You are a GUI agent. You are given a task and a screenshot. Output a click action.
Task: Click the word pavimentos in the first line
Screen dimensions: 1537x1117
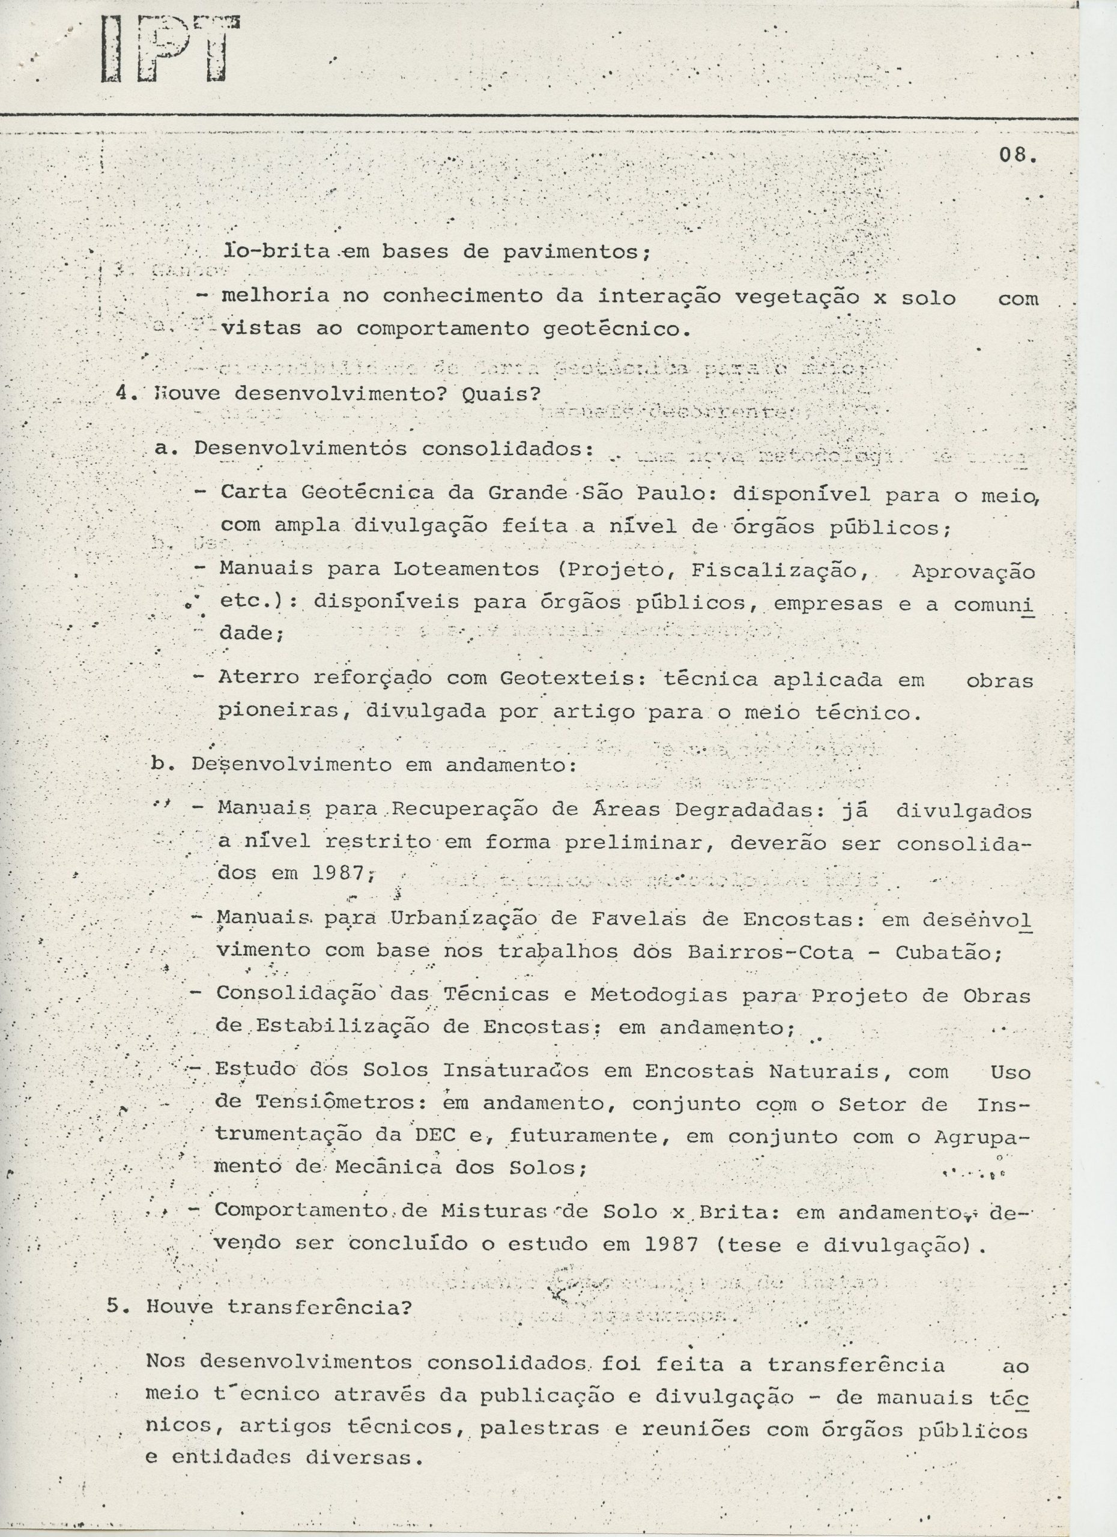pyautogui.click(x=575, y=252)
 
